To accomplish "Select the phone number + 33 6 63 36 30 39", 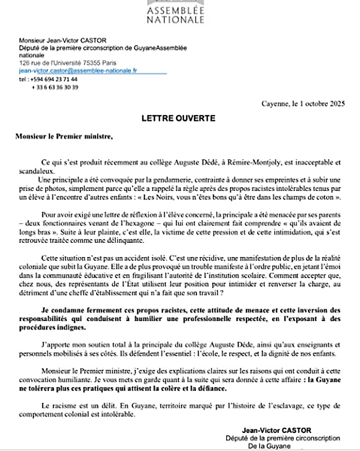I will coord(55,87).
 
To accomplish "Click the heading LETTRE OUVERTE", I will coord(178,118).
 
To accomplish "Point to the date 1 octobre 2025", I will coord(321,103).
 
